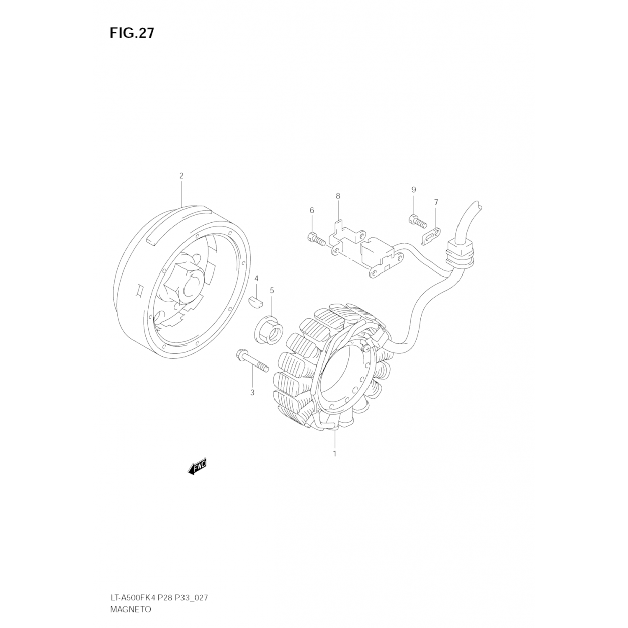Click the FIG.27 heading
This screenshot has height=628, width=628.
point(132,33)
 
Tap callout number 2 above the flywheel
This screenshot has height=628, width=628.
point(181,176)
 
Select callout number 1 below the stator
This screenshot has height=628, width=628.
point(335,453)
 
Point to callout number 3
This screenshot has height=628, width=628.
point(252,393)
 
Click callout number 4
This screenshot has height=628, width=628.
point(256,278)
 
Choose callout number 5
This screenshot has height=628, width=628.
point(272,290)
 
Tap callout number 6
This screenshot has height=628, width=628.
point(311,210)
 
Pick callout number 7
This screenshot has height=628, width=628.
point(436,203)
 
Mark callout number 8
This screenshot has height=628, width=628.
point(338,196)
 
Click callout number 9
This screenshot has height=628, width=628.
point(414,190)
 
